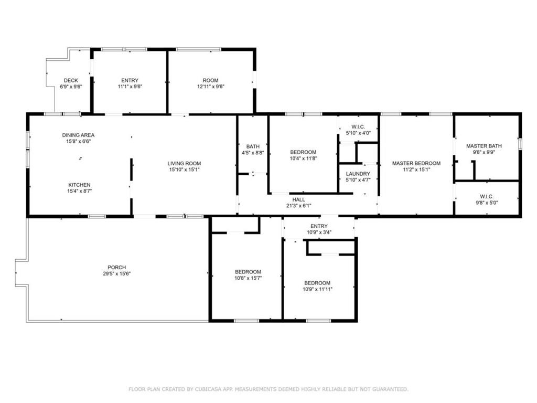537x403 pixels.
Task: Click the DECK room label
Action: [71, 80]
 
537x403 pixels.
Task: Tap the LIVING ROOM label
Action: [184, 164]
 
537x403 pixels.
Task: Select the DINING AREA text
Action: [79, 135]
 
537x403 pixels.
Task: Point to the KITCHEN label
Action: [80, 185]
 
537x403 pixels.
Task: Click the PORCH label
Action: [117, 267]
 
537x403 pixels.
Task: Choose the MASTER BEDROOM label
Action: [416, 163]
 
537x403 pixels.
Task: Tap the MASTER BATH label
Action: [484, 146]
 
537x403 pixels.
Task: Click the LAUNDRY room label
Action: [358, 174]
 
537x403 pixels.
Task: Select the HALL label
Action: [298, 199]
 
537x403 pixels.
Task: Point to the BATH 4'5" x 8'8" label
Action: [253, 150]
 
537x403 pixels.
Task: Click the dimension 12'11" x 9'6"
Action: [211, 87]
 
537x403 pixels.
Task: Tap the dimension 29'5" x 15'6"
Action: [117, 273]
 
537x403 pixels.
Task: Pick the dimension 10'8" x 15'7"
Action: [248, 278]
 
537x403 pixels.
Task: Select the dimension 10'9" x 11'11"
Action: [317, 289]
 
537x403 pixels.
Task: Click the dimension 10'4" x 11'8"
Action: [304, 158]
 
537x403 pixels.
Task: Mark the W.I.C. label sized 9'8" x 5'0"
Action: [487, 196]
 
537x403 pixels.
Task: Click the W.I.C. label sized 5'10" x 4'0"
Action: [358, 127]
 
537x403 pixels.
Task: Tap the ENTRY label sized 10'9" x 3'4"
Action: [319, 226]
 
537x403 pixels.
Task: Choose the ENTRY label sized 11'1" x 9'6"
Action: [130, 80]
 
